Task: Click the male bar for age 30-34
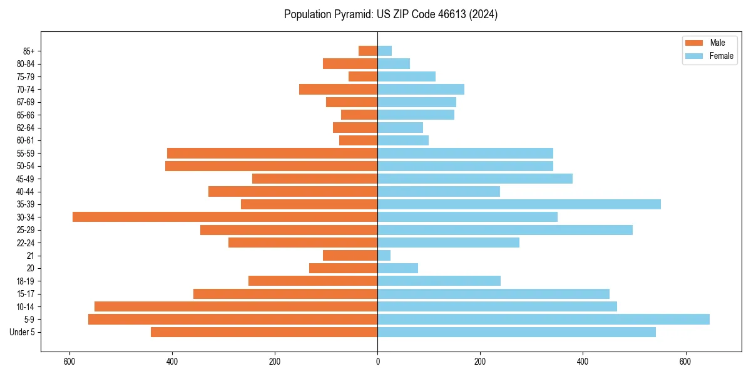pos(225,217)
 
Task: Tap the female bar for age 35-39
pos(519,204)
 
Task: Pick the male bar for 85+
pos(368,51)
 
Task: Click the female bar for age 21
pos(384,255)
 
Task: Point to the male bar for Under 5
pos(264,332)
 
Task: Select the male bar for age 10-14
pos(236,306)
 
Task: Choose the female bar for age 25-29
pos(505,230)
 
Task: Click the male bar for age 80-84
pos(350,63)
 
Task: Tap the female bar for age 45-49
pos(475,179)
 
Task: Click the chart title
pos(391,14)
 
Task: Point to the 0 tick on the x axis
pos(377,362)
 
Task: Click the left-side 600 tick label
pos(69,362)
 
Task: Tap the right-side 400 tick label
pos(583,362)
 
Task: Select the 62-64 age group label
pos(26,128)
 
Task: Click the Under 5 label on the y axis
pos(23,332)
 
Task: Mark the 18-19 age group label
pos(26,281)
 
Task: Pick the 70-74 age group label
pos(26,89)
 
